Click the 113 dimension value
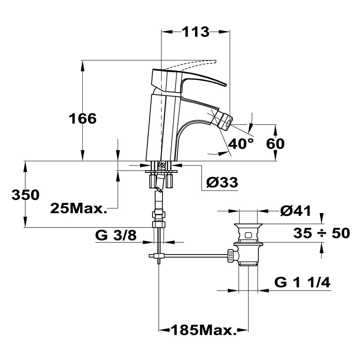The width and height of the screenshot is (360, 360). click(x=196, y=32)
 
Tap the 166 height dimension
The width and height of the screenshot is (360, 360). click(x=83, y=119)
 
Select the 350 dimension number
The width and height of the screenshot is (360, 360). click(x=26, y=195)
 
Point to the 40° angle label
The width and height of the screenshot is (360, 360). click(x=241, y=144)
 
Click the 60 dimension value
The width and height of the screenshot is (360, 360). click(x=275, y=144)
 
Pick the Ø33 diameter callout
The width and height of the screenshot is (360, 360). click(x=222, y=183)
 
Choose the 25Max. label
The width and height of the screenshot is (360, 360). click(x=79, y=208)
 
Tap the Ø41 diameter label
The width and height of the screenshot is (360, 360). click(x=296, y=211)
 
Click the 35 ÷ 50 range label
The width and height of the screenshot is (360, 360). click(x=321, y=233)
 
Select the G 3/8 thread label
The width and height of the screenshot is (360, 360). click(x=116, y=235)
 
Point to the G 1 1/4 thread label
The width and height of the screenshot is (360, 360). click(x=302, y=282)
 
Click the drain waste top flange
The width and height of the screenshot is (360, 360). click(x=248, y=225)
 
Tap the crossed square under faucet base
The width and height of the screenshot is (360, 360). click(x=161, y=165)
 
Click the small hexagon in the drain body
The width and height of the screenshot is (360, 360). click(x=248, y=235)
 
